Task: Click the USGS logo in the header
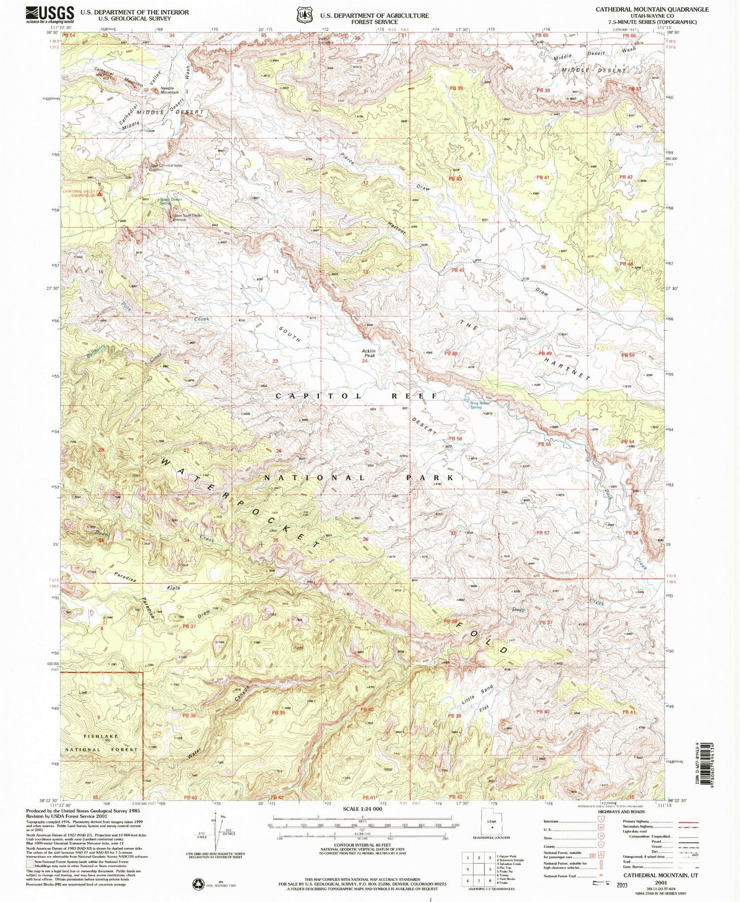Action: (x=50, y=15)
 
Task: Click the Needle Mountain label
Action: (x=170, y=90)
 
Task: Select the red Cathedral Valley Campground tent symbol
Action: (x=100, y=194)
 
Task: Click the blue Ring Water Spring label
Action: (x=477, y=405)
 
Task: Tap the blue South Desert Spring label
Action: (x=171, y=201)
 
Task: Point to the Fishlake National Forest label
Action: (x=101, y=743)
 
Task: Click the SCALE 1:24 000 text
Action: (x=363, y=809)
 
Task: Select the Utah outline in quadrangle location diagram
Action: (x=491, y=826)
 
